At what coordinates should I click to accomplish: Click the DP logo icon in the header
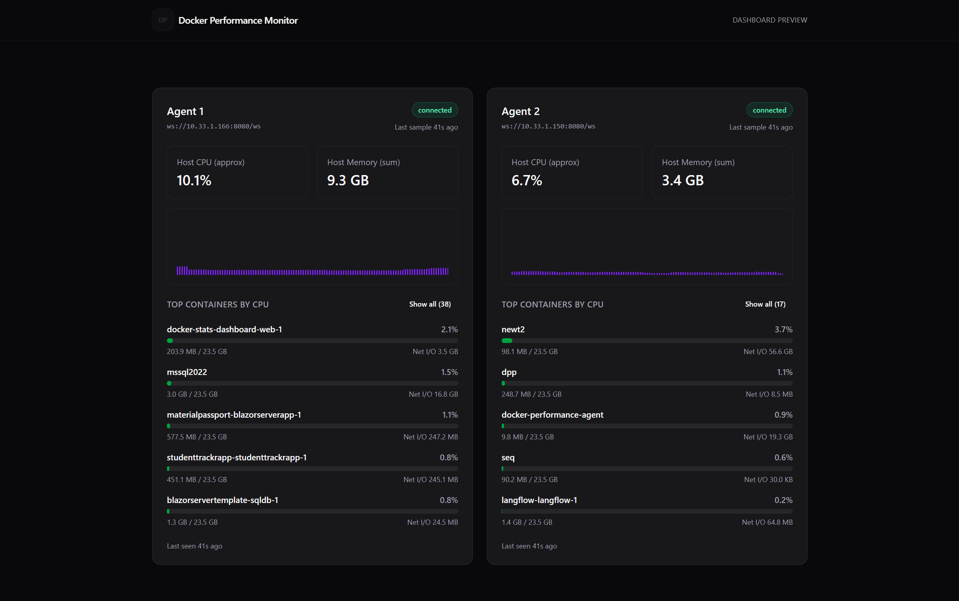(x=163, y=20)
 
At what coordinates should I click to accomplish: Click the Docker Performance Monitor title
(x=238, y=20)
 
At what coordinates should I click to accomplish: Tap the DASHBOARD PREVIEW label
(x=769, y=20)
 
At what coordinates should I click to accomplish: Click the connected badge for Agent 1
(x=434, y=110)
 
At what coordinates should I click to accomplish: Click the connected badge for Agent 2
(x=769, y=110)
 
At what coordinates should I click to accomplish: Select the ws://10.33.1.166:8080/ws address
(x=214, y=126)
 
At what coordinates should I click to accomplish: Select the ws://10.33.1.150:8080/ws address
(x=548, y=126)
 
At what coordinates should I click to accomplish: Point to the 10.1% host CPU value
(x=194, y=181)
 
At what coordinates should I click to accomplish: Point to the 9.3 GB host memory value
(x=348, y=181)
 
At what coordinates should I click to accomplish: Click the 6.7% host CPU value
(x=527, y=181)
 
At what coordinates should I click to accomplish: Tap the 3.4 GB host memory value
(x=682, y=181)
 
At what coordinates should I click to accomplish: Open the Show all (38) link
(x=430, y=304)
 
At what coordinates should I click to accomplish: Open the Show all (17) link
(x=765, y=304)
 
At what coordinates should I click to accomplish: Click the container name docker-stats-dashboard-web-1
(x=224, y=330)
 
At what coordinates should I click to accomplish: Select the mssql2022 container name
(x=187, y=372)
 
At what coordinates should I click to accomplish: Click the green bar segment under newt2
(x=506, y=341)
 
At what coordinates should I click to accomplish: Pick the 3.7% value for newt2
(x=783, y=330)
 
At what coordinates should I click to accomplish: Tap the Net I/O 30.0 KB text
(x=768, y=480)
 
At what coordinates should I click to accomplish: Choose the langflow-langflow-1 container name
(x=539, y=500)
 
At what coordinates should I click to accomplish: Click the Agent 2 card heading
(x=521, y=111)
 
